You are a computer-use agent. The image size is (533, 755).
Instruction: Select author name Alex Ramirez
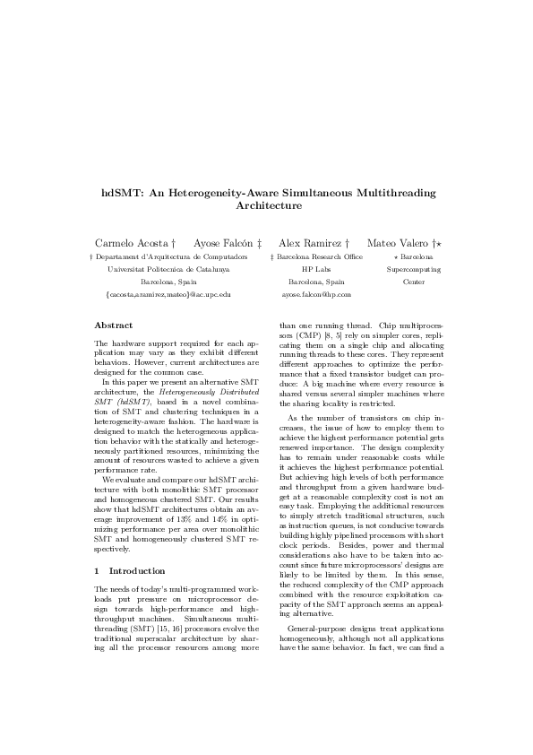click(309, 243)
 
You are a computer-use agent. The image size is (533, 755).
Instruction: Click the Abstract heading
click(114, 325)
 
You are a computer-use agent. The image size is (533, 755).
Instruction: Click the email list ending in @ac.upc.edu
click(168, 293)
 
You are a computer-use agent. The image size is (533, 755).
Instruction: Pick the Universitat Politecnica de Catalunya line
click(168, 268)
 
